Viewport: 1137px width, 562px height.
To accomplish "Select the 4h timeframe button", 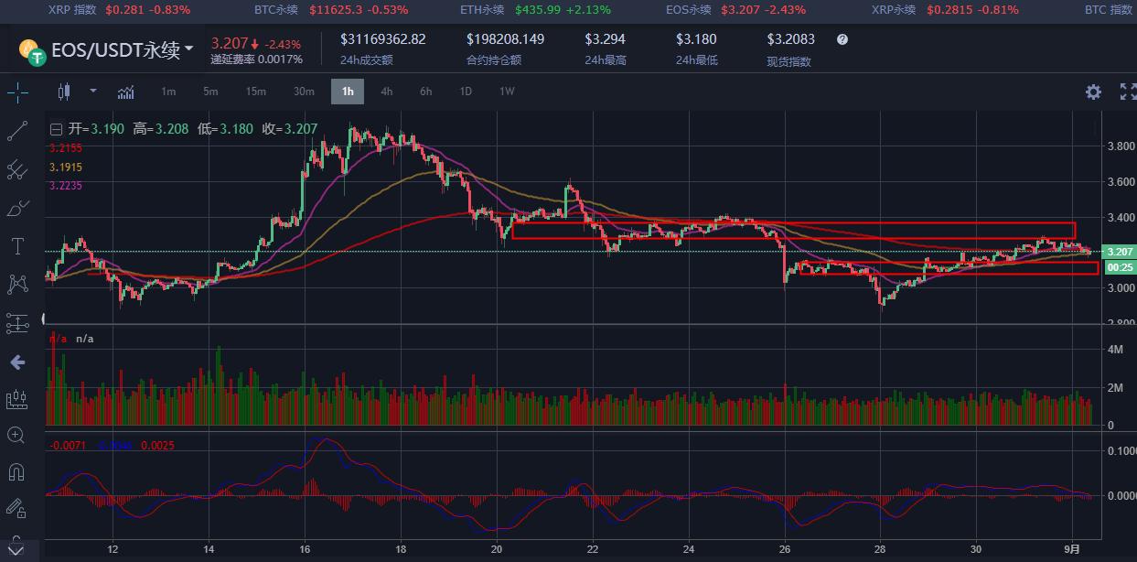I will click(387, 92).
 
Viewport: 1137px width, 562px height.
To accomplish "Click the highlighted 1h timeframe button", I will click(348, 92).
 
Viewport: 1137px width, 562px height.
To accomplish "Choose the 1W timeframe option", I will click(507, 92).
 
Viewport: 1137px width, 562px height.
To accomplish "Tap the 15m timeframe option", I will click(256, 92).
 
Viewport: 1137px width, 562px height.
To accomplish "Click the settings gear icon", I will click(1093, 92).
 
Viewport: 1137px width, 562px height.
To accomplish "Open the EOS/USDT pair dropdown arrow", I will click(189, 49).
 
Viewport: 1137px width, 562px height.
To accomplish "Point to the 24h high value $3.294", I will click(606, 39).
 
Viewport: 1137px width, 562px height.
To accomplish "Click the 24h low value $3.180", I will click(696, 39).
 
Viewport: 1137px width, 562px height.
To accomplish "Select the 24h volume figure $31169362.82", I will click(382, 39).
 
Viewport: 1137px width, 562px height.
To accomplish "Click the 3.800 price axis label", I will click(1121, 146).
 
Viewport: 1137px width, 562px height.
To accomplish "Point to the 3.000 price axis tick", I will click(1121, 288).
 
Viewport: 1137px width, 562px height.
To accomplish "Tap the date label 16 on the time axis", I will click(305, 549).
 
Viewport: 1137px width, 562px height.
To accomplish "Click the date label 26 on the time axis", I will click(785, 549).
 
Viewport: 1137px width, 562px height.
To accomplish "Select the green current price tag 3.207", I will click(1120, 252).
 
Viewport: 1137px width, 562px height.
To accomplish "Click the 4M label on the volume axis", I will click(1116, 350).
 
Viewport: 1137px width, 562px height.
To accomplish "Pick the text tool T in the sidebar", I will click(16, 246).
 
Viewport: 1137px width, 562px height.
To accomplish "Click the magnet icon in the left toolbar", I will click(16, 472).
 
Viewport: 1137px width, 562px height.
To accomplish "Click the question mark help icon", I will click(842, 40).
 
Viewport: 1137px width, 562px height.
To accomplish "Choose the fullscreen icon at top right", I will click(1126, 92).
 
